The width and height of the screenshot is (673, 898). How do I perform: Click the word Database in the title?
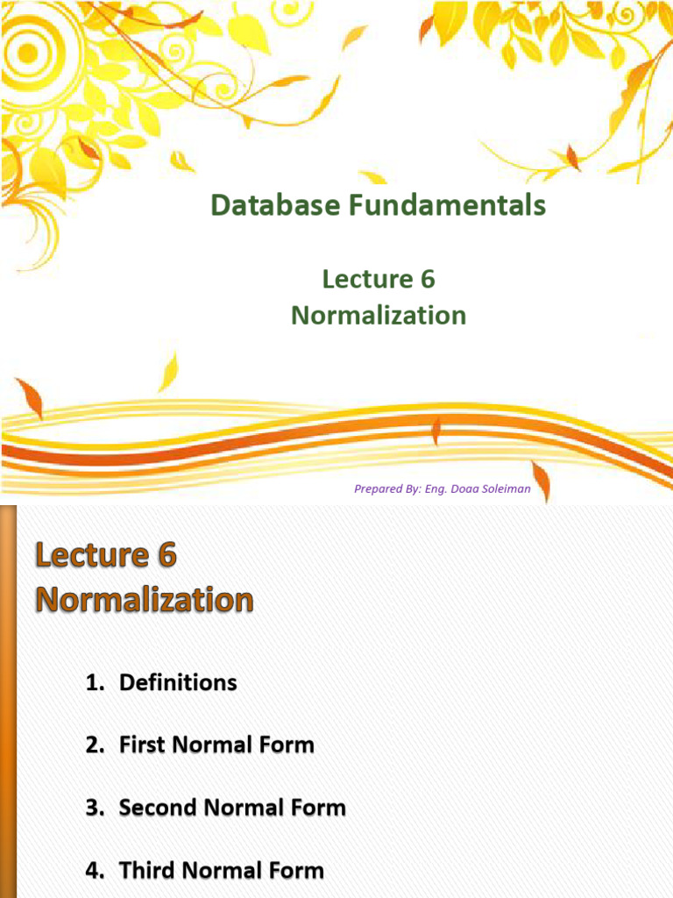pos(276,205)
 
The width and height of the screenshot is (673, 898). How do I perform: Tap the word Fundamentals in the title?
pos(448,205)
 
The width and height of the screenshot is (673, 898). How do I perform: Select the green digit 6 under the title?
pos(428,279)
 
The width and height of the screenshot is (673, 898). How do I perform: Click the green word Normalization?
pos(379,315)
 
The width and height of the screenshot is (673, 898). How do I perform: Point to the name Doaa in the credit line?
pos(464,488)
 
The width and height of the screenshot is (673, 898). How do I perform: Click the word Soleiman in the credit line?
pos(506,488)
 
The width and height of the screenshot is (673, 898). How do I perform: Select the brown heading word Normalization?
pos(145,600)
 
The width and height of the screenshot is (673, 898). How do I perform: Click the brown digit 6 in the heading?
pos(166,555)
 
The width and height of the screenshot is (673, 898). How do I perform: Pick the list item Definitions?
pos(178,682)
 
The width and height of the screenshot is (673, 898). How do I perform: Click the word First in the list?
pos(143,745)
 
